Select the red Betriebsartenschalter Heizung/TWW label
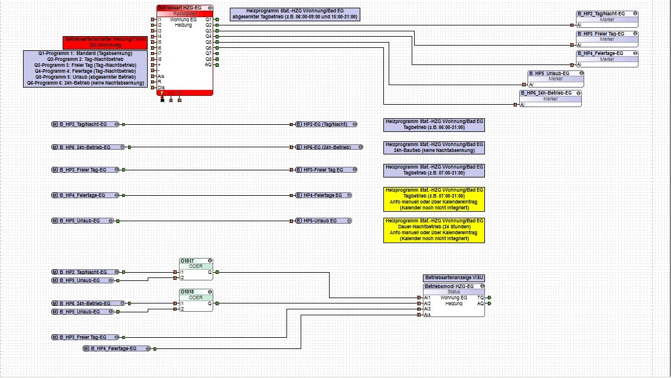105,42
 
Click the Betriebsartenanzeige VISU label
454,277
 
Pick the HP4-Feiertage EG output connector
324,195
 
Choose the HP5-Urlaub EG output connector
324,221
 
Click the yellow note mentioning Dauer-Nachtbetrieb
434,230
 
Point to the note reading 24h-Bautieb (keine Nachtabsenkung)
434,147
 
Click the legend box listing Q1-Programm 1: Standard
86,69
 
